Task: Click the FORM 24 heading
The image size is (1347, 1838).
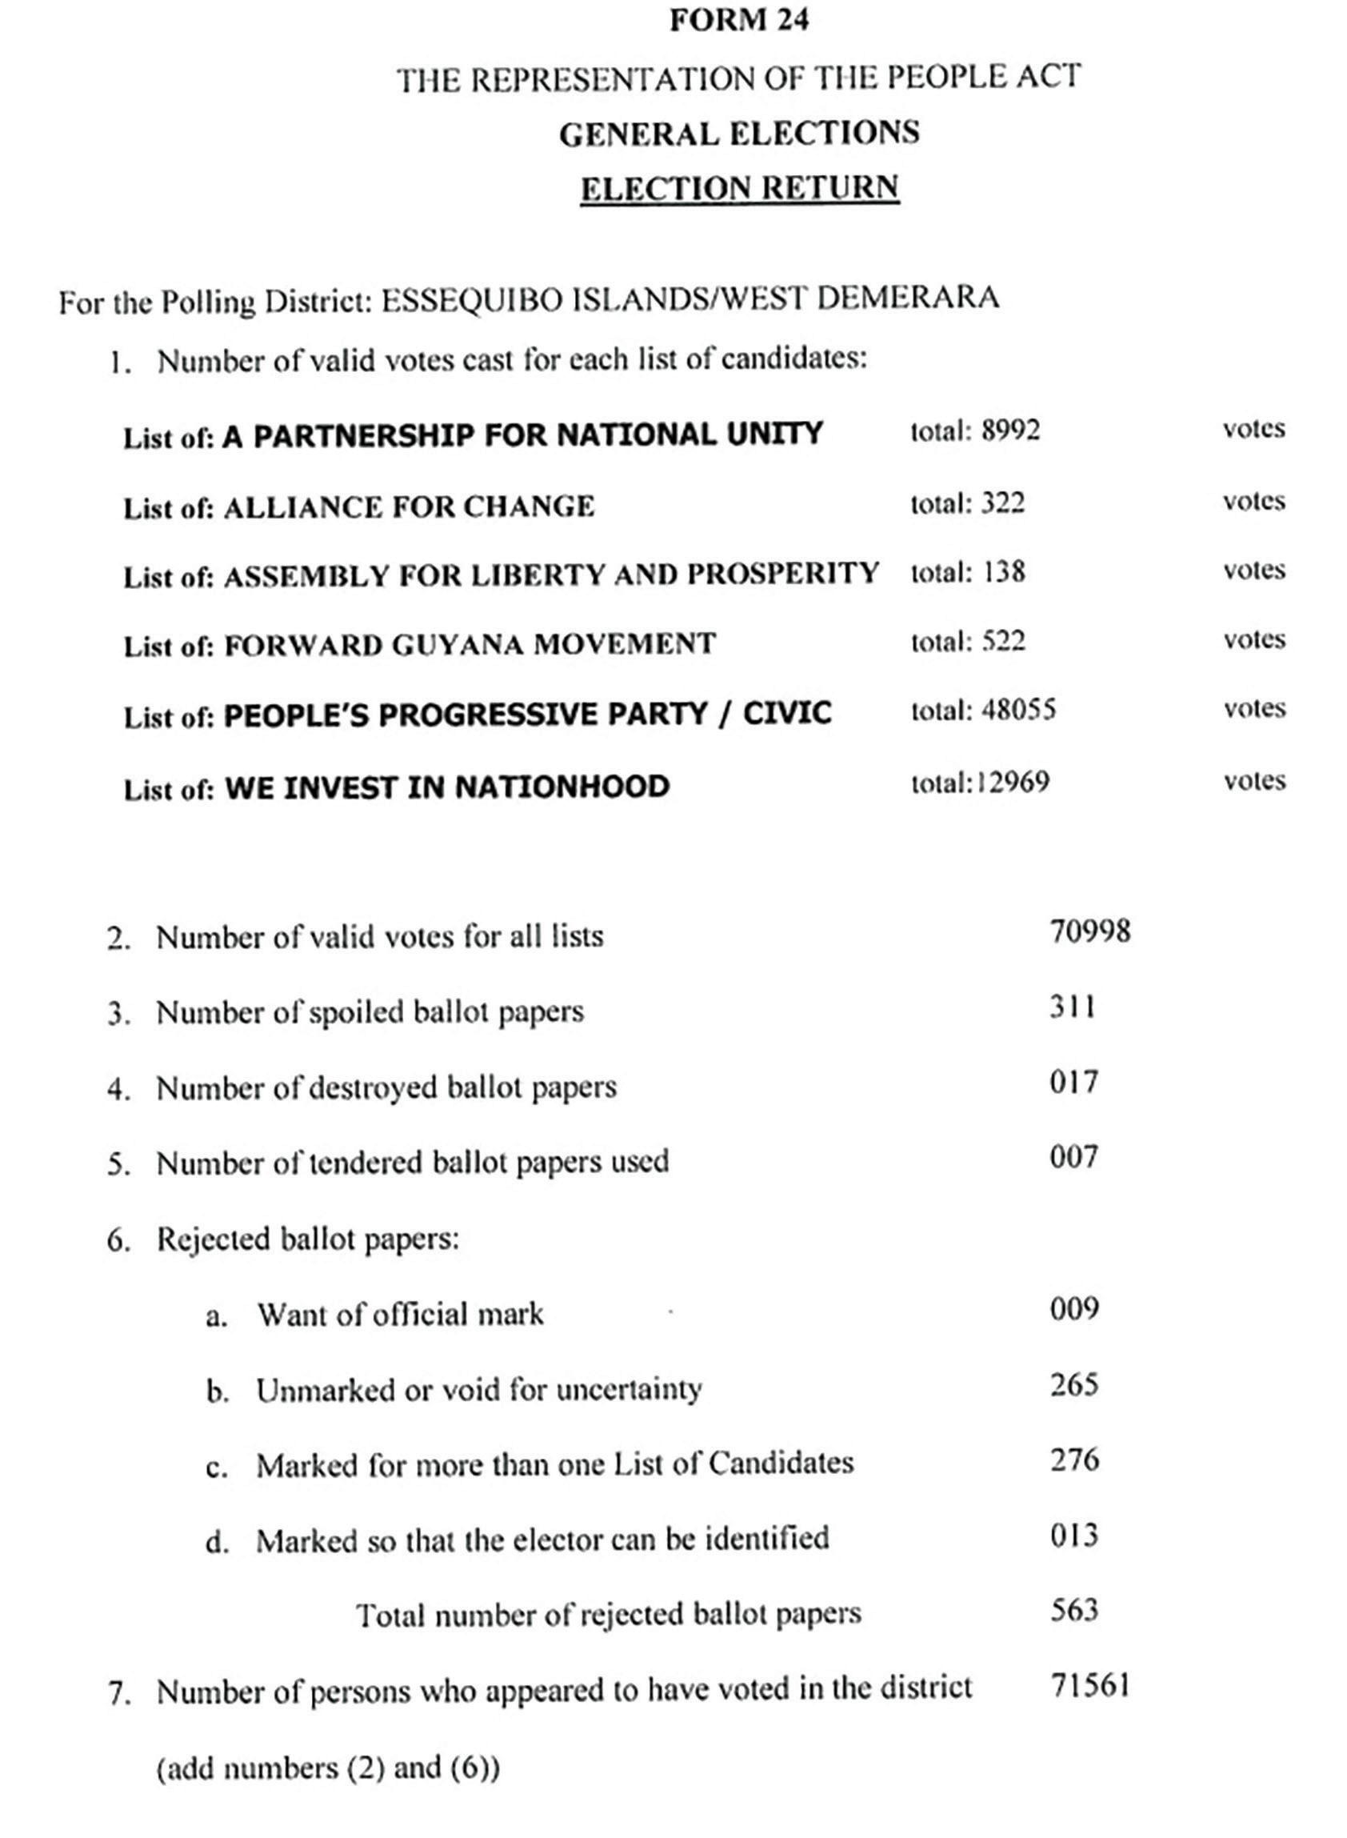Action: coord(739,20)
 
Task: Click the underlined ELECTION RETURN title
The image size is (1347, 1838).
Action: coord(740,187)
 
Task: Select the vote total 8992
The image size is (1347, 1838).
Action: coord(1010,430)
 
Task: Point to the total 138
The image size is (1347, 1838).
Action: coord(1002,571)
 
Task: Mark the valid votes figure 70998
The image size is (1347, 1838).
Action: coord(1090,931)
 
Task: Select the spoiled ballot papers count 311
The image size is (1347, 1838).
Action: coord(1072,1007)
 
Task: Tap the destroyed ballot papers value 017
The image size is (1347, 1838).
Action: coord(1074,1082)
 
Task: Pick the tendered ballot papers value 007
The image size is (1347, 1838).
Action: coord(1074,1156)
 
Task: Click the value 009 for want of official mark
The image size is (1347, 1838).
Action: coord(1074,1308)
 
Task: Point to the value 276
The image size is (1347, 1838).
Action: coord(1074,1459)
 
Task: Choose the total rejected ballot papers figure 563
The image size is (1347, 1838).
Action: coord(1074,1610)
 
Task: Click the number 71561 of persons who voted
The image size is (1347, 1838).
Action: coord(1090,1684)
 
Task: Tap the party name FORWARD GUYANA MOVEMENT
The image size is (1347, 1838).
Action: coord(470,644)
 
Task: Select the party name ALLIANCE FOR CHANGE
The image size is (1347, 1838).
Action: coord(409,507)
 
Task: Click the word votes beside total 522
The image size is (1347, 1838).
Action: coord(1254,639)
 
